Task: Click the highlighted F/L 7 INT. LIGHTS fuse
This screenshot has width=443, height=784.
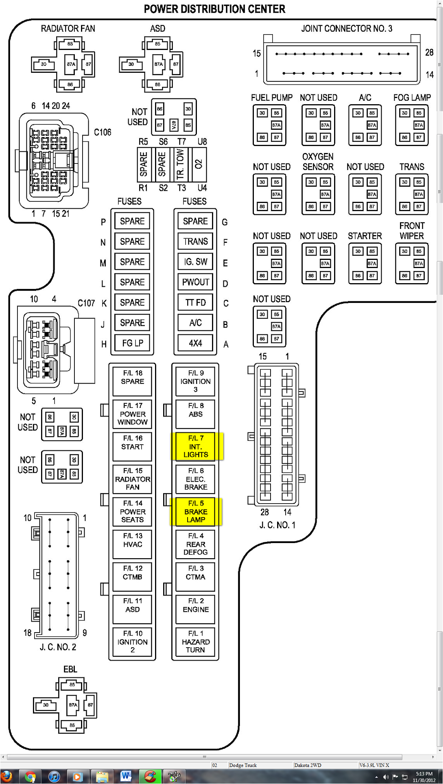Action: pyautogui.click(x=196, y=446)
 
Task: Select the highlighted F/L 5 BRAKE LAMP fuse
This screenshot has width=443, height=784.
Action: pyautogui.click(x=196, y=511)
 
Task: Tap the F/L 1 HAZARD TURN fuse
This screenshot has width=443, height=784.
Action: pyautogui.click(x=195, y=641)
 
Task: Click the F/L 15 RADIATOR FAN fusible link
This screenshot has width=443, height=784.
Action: pyautogui.click(x=133, y=479)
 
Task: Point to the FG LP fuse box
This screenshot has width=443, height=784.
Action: pyautogui.click(x=133, y=343)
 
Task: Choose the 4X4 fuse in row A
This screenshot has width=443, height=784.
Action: pyautogui.click(x=195, y=343)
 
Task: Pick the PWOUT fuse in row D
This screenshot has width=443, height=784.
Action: pyautogui.click(x=195, y=282)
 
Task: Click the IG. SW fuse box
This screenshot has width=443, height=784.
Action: pyautogui.click(x=195, y=262)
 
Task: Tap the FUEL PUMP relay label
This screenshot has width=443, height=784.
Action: pyautogui.click(x=271, y=98)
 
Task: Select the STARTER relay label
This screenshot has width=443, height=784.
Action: pyautogui.click(x=365, y=236)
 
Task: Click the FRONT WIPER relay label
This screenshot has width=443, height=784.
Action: pyautogui.click(x=412, y=231)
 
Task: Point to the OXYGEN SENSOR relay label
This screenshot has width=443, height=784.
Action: pyautogui.click(x=318, y=162)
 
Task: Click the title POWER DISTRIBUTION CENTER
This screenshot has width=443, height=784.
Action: pyautogui.click(x=214, y=9)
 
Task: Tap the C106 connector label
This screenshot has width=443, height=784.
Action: pyautogui.click(x=103, y=132)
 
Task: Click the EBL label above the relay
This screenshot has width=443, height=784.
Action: pyautogui.click(x=70, y=669)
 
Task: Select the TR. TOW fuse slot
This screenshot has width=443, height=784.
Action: pyautogui.click(x=180, y=164)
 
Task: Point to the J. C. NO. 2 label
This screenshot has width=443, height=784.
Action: pyautogui.click(x=58, y=647)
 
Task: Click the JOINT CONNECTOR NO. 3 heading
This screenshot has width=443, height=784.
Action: pyautogui.click(x=346, y=28)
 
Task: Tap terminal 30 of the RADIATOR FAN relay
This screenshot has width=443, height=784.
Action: pyautogui.click(x=43, y=64)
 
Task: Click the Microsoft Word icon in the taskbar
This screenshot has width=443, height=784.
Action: pyautogui.click(x=126, y=776)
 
